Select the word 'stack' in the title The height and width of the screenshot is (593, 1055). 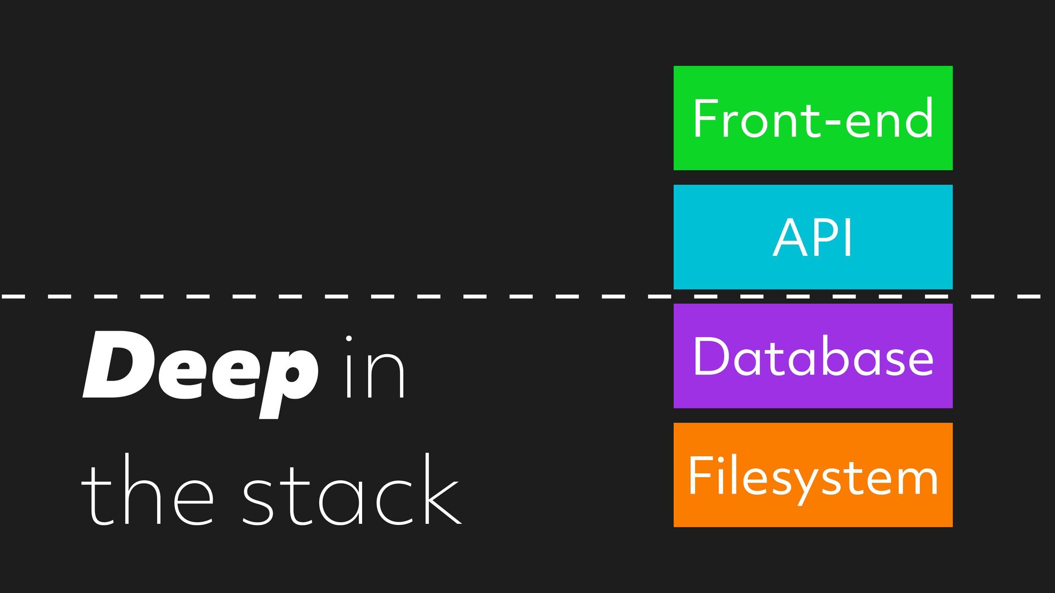pos(352,491)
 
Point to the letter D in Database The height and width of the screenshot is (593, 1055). pos(711,356)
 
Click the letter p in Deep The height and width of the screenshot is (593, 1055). pos(288,379)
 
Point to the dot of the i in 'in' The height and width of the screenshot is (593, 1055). pos(348,339)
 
